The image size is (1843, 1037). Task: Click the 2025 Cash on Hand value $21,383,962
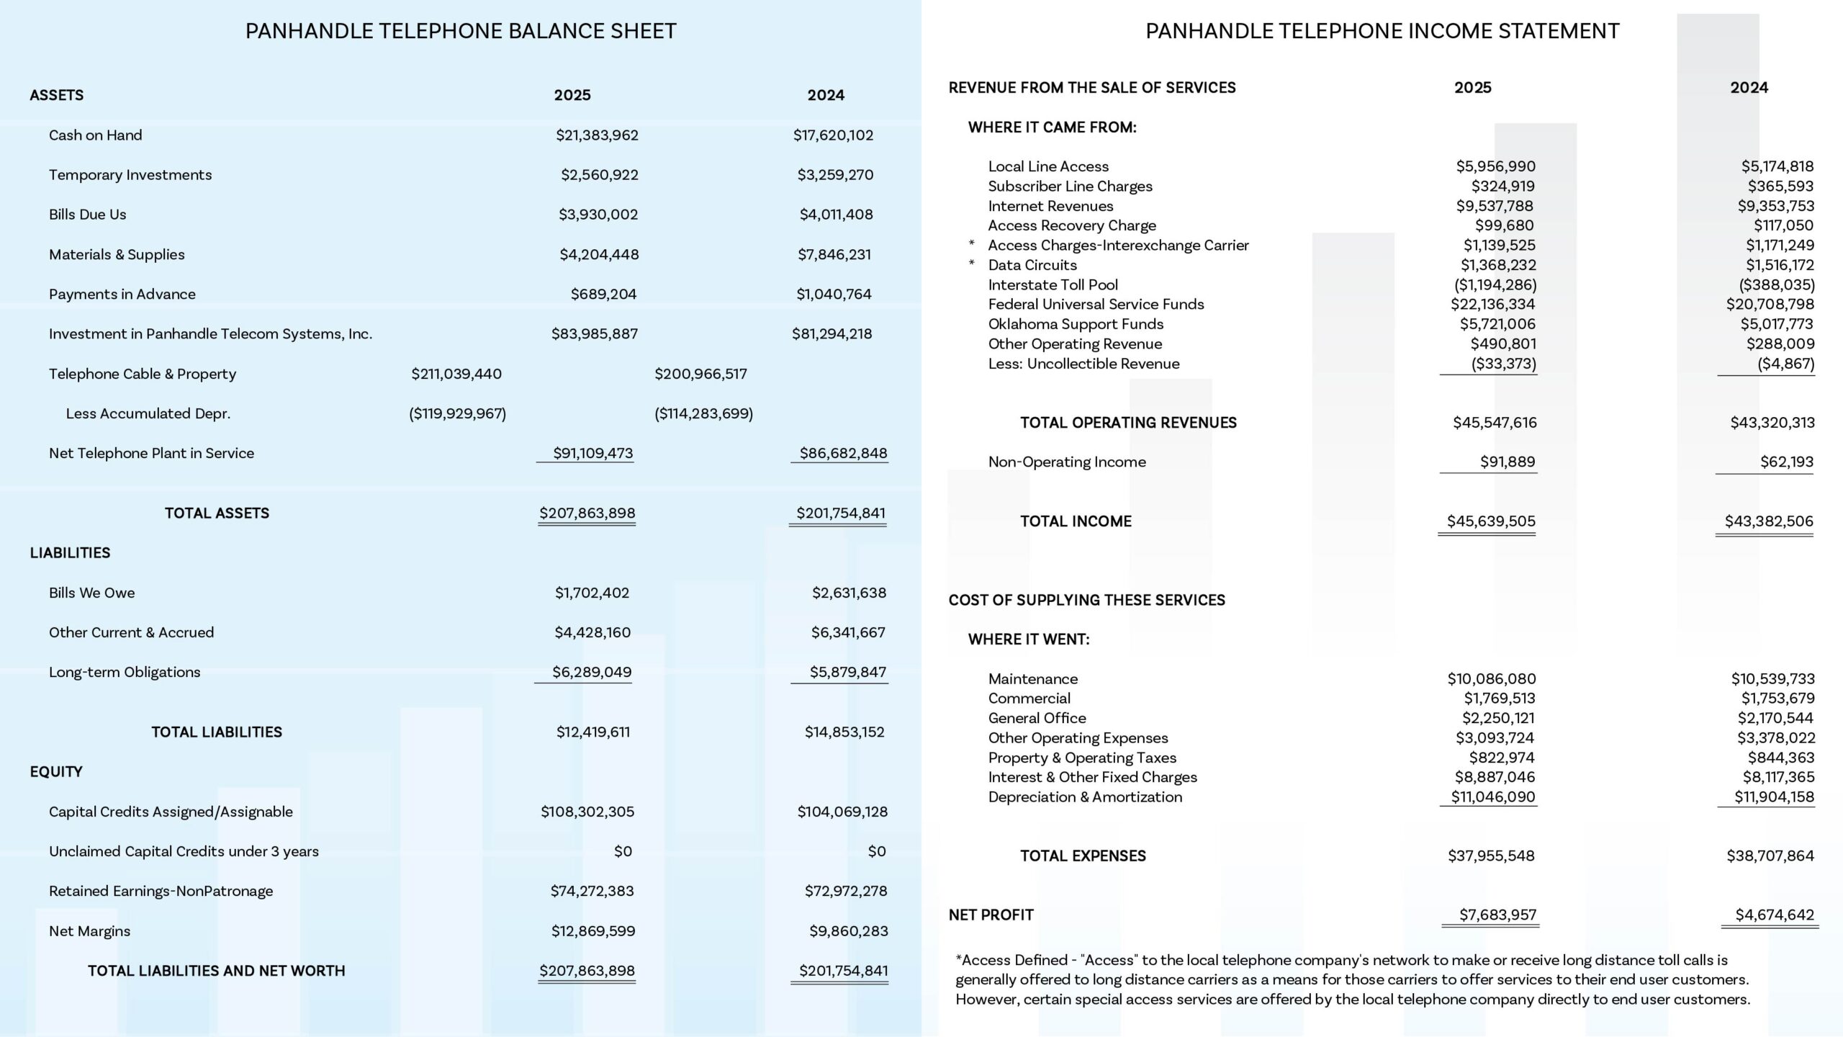pos(597,135)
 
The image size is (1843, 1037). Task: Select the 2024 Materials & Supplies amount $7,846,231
pos(834,254)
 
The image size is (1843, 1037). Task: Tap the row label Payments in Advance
pos(122,294)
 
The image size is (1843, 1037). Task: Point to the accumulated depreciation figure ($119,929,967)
pos(457,413)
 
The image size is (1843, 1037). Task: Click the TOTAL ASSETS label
pos(217,513)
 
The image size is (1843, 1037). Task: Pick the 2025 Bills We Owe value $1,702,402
pos(592,593)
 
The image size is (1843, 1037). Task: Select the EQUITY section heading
pos(56,771)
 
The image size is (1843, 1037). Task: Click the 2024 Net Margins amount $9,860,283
pos(848,930)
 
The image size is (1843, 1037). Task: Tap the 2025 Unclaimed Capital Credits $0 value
pos(623,851)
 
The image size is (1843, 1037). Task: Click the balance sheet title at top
pos(461,31)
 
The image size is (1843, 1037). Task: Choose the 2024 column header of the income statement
pos(1749,88)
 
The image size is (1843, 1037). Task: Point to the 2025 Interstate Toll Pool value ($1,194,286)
pos(1495,284)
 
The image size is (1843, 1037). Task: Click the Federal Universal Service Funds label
pos(1096,304)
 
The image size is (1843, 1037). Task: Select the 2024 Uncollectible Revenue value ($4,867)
pos(1785,364)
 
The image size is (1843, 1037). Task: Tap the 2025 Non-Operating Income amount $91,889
pos(1507,462)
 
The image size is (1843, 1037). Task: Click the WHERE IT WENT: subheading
pos(1028,639)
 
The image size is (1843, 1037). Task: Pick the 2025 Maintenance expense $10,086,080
pos(1491,678)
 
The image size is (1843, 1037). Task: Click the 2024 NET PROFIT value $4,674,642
pos(1774,915)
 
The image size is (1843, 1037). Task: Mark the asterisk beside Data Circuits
pos(972,264)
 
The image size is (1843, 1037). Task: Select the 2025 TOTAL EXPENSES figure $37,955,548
pos(1491,856)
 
